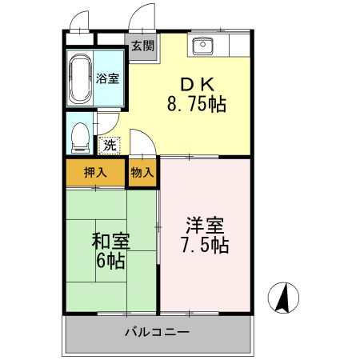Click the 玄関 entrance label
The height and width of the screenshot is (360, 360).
pos(143,46)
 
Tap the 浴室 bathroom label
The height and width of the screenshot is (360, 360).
pos(108,78)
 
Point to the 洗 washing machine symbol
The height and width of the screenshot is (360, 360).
pos(109,146)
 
